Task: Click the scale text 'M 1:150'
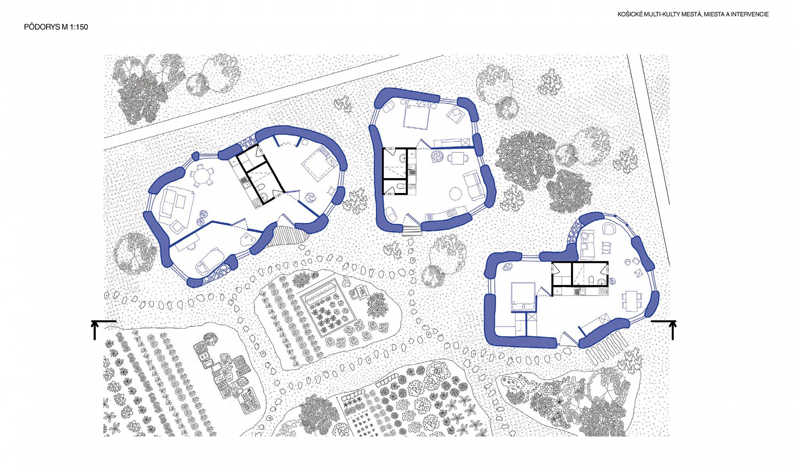click(75, 27)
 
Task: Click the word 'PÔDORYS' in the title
click(42, 27)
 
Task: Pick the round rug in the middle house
click(456, 193)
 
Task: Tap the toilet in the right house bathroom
click(591, 280)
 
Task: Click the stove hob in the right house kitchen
click(602, 291)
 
